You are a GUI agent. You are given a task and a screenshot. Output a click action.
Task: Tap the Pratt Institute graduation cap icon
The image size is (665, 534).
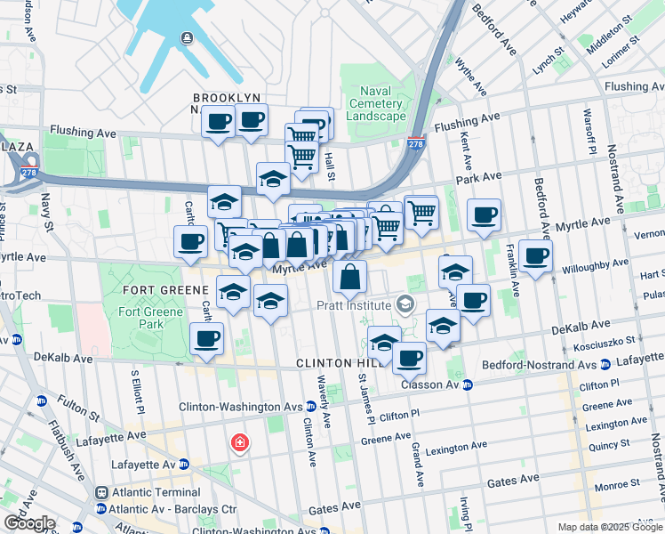406,305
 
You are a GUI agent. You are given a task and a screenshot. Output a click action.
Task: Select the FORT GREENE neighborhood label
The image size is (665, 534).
159,290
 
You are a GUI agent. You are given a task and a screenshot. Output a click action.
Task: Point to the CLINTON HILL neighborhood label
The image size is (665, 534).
332,364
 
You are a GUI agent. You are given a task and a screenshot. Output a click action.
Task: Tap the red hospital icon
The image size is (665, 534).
239,442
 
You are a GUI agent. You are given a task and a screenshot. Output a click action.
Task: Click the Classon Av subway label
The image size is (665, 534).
431,384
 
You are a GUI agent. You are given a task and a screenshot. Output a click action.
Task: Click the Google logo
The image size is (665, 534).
28,523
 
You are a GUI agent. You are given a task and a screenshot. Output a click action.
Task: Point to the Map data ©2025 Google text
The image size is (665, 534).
610,527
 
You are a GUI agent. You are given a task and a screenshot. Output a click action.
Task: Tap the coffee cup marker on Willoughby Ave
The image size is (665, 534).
535,256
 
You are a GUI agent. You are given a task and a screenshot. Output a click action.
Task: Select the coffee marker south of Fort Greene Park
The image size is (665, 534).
206,339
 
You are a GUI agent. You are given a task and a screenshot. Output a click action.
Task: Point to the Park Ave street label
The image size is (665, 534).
479,179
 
